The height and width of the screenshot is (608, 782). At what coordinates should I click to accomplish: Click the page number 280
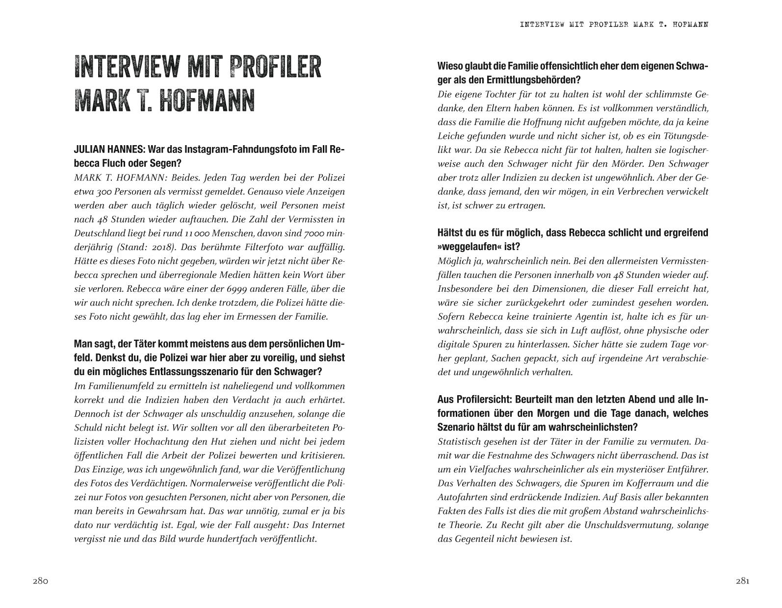[40, 582]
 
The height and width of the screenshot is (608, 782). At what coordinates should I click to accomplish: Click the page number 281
[742, 582]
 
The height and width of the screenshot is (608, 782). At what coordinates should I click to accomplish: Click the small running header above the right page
[614, 25]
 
